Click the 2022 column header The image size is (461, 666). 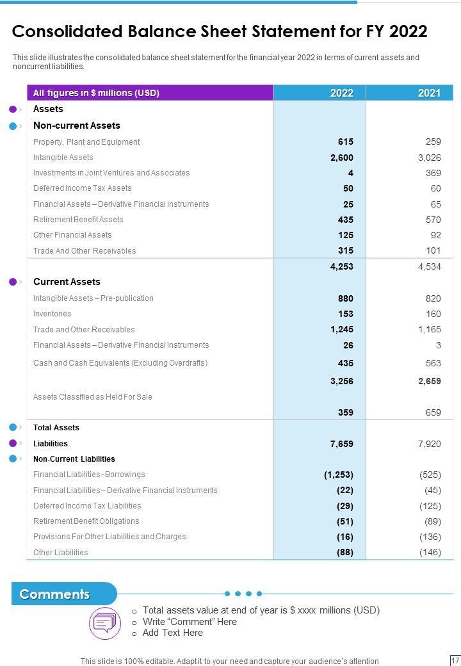pyautogui.click(x=342, y=93)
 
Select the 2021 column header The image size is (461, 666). pyautogui.click(x=429, y=93)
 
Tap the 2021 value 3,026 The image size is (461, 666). pyautogui.click(x=429, y=158)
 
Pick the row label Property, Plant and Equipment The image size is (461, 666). pyautogui.click(x=86, y=142)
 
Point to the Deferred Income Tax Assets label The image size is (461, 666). pyautogui.click(x=82, y=188)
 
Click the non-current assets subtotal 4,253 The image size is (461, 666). pyautogui.click(x=342, y=266)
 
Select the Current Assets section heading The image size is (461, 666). pyautogui.click(x=67, y=282)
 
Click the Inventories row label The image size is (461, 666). pyautogui.click(x=52, y=314)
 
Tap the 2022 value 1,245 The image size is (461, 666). pyautogui.click(x=342, y=330)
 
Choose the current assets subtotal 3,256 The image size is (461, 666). pyautogui.click(x=342, y=381)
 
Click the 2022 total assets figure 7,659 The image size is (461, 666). pyautogui.click(x=342, y=444)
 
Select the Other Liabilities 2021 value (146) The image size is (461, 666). pyautogui.click(x=430, y=553)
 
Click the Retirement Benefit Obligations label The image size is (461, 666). pyautogui.click(x=86, y=521)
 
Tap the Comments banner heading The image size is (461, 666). pyautogui.click(x=55, y=594)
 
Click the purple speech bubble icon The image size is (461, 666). pyautogui.click(x=104, y=622)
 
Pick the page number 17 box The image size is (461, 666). pyautogui.click(x=455, y=660)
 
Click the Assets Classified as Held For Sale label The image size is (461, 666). pyautogui.click(x=93, y=397)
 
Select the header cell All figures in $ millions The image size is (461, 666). pyautogui.click(x=96, y=93)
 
